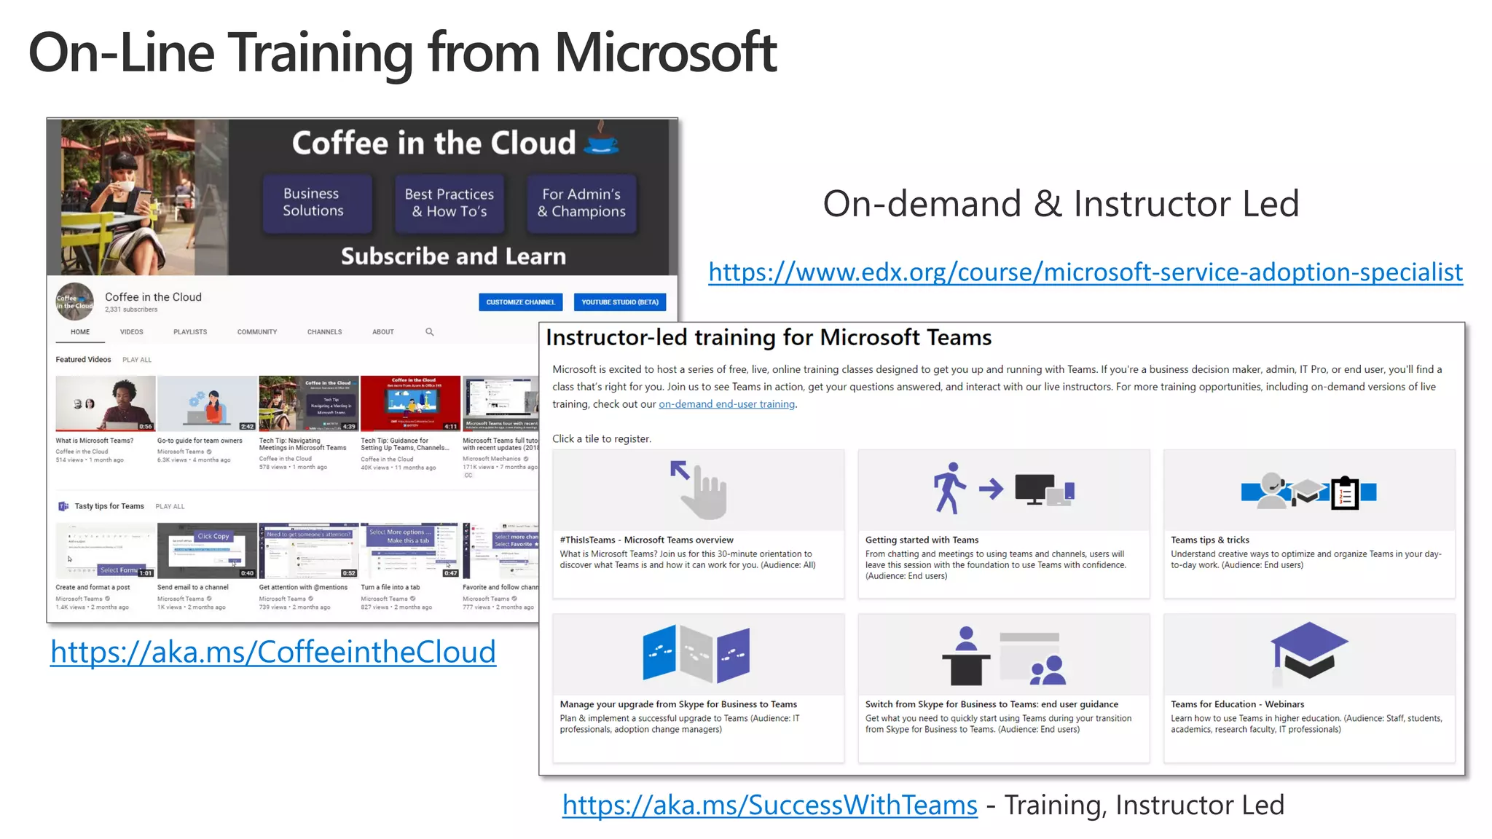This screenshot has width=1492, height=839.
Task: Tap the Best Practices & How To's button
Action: point(449,203)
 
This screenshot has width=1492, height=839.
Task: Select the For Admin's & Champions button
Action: point(581,203)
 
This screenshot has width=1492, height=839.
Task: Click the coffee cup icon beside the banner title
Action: point(602,138)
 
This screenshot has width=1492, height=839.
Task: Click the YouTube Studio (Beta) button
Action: point(619,302)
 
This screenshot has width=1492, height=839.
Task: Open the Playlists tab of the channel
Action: point(190,332)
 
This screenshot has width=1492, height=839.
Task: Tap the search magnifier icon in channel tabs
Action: point(430,332)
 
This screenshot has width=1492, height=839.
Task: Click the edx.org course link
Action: point(1085,272)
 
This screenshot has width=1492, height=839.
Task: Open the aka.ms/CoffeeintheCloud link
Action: point(273,652)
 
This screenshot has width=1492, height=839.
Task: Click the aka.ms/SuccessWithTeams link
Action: point(769,805)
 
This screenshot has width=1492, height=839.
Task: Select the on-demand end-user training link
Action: point(726,404)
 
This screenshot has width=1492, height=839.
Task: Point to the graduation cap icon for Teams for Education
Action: point(1309,650)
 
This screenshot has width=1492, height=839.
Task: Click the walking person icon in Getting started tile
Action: point(949,488)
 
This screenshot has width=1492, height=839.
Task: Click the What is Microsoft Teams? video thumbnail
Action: point(106,403)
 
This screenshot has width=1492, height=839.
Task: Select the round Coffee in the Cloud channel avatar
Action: point(75,302)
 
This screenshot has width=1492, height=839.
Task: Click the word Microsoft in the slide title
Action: point(666,52)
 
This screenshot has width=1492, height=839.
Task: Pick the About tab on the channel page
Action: point(383,332)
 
